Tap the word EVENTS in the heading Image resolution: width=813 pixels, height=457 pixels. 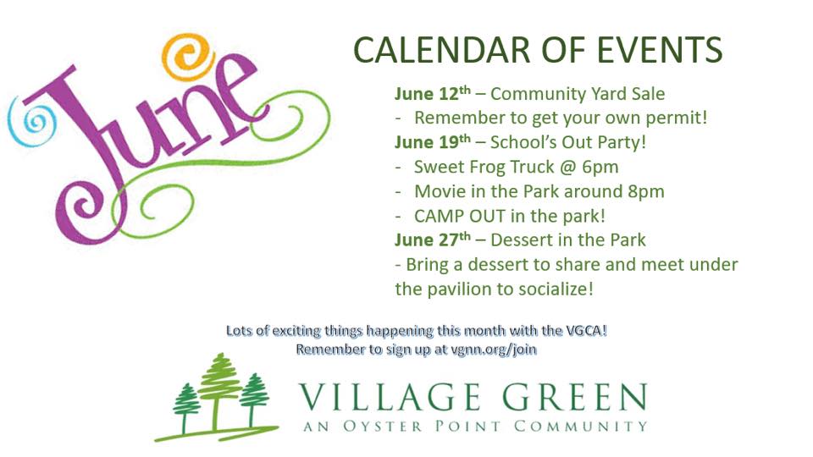(654, 50)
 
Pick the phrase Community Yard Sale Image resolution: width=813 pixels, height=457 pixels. (578, 94)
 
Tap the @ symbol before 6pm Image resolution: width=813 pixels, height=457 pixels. (560, 167)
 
